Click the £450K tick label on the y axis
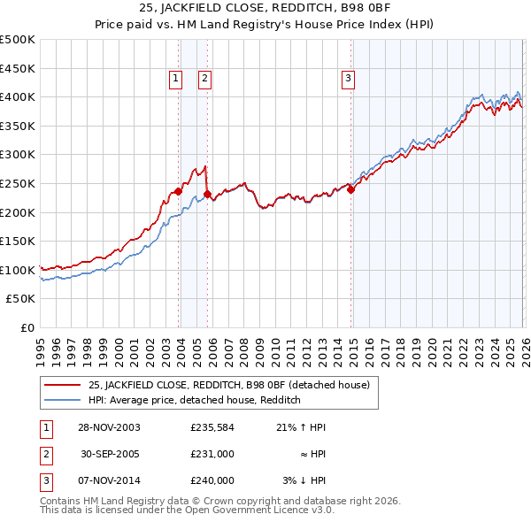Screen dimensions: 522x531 pyautogui.click(x=18, y=68)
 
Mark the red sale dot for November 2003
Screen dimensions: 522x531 pyautogui.click(x=179, y=191)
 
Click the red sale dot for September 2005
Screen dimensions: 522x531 pyautogui.click(x=207, y=194)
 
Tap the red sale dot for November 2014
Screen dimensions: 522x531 pyautogui.click(x=350, y=188)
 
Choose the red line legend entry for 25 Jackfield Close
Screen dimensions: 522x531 pyautogui.click(x=234, y=385)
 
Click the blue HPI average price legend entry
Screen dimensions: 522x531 pyautogui.click(x=195, y=400)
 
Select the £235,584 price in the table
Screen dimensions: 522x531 pyautogui.click(x=212, y=427)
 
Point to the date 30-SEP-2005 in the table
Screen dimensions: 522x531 pyautogui.click(x=111, y=454)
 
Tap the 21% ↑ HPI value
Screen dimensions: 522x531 pyautogui.click(x=301, y=427)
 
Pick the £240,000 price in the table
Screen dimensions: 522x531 pyautogui.click(x=212, y=480)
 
